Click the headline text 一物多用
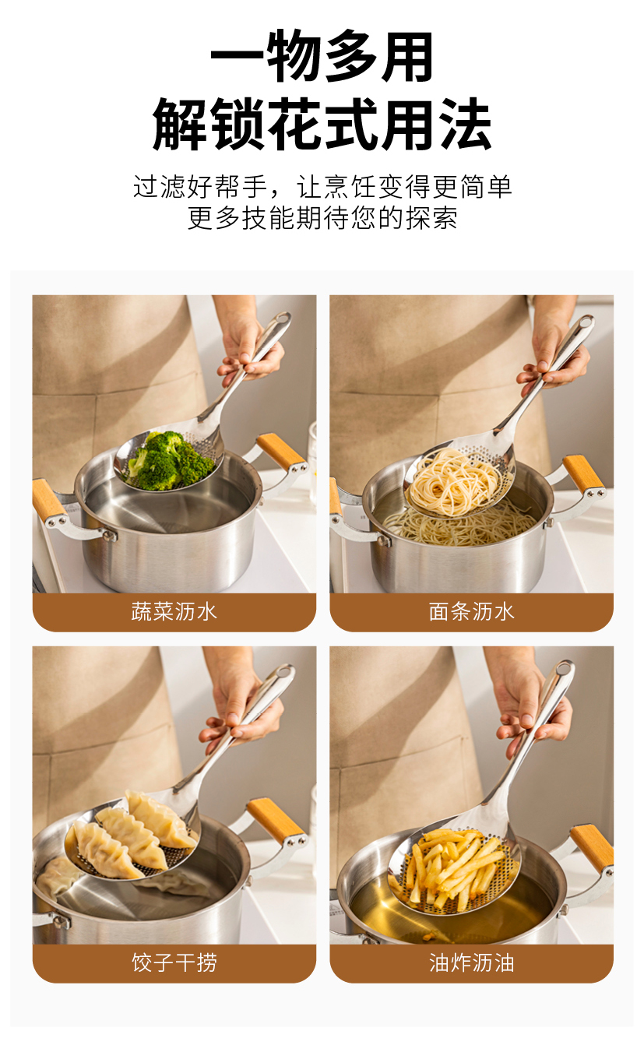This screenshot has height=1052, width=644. point(322,55)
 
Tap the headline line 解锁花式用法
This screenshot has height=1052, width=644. point(322,124)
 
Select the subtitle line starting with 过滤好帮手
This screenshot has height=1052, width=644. point(322,186)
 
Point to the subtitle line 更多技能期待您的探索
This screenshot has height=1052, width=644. point(322,218)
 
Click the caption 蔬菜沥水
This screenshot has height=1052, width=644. point(174,611)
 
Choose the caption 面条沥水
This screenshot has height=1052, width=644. point(472,611)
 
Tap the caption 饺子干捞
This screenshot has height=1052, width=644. point(174,962)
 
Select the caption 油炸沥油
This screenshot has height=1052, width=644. point(472,962)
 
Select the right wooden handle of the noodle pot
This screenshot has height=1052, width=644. point(584,473)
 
